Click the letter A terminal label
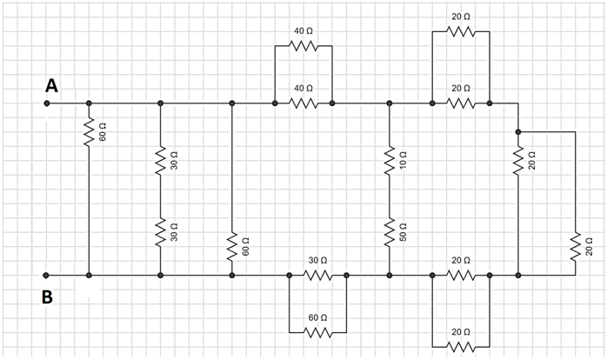coord(52,85)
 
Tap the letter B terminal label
coord(48,297)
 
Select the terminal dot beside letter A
coord(47,103)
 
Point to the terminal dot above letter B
coord(47,276)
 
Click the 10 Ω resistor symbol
coord(389,161)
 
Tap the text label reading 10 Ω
coord(403,161)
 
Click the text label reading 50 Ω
coord(403,232)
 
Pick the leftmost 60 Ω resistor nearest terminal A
coord(89,132)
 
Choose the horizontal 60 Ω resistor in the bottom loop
coord(317,332)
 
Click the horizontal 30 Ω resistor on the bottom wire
coord(317,276)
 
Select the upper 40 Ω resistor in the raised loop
coord(303,46)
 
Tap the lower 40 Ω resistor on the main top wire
coord(303,103)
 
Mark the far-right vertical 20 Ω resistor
coord(575,246)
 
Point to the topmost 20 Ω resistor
coord(461,32)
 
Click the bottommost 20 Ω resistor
coord(461,346)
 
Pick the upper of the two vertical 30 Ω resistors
coord(160,161)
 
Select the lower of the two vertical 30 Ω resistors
coord(160,232)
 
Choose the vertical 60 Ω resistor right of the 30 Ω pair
coord(231,246)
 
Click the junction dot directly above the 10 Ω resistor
coord(389,103)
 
